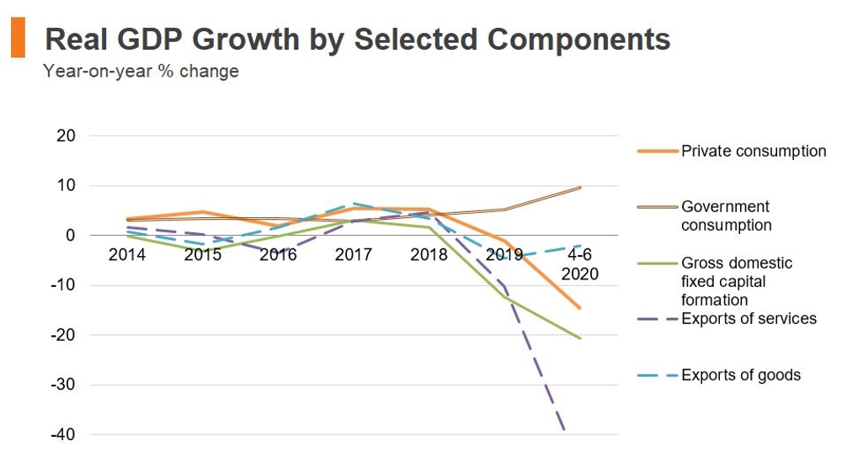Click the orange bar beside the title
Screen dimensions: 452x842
pos(18,40)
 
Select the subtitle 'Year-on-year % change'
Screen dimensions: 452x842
pos(141,72)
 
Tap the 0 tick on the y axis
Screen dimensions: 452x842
pos(71,236)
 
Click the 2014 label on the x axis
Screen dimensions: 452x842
pos(127,255)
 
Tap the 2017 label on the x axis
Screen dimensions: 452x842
pos(354,255)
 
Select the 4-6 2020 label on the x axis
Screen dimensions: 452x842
pos(579,264)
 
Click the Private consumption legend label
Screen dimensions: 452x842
pos(754,152)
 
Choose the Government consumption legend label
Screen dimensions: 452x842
pos(726,216)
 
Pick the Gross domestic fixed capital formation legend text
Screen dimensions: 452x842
pos(737,282)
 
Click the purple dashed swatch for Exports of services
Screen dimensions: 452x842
pos(657,319)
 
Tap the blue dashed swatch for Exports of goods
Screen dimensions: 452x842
pos(657,375)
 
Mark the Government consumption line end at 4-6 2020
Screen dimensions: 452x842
pos(580,188)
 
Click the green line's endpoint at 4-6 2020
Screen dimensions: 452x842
pos(580,338)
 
